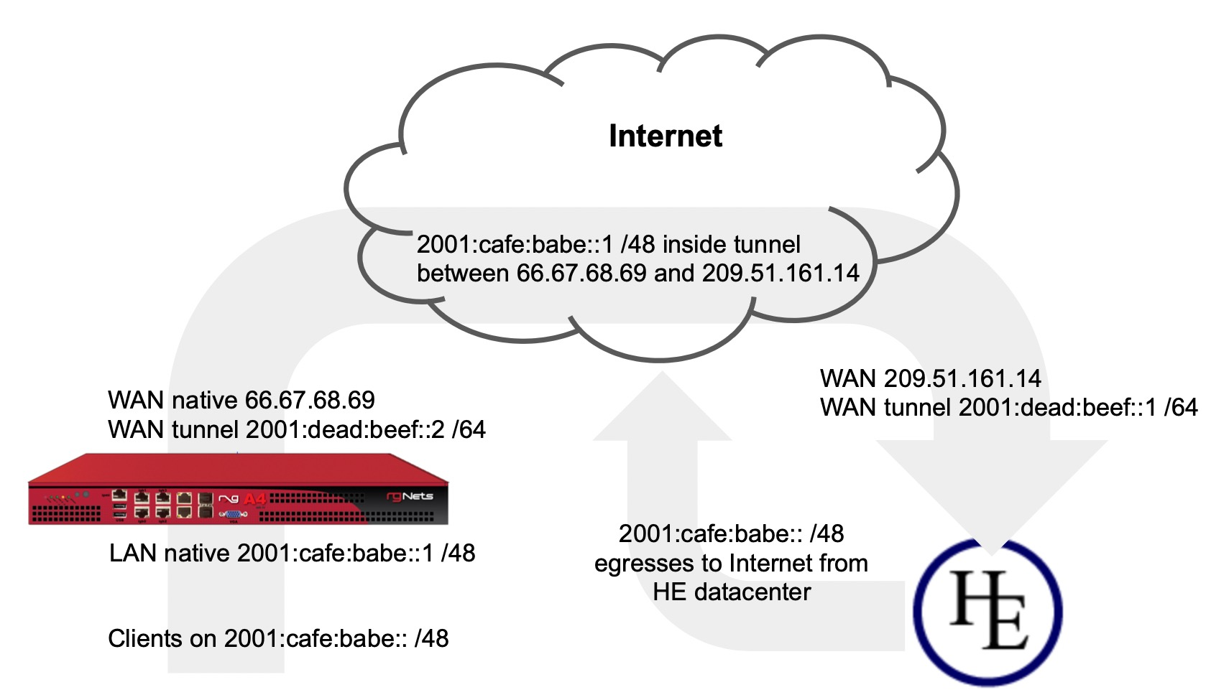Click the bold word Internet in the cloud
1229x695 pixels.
665,136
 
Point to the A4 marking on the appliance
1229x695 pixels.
254,498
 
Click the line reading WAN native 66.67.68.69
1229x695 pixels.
241,400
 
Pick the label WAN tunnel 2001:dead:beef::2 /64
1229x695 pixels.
296,429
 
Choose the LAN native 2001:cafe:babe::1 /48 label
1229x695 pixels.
292,553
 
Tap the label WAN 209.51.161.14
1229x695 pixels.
930,378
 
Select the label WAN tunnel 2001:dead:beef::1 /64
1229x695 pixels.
1008,407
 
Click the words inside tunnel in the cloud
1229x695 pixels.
731,244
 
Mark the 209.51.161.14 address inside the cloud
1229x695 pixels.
781,274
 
